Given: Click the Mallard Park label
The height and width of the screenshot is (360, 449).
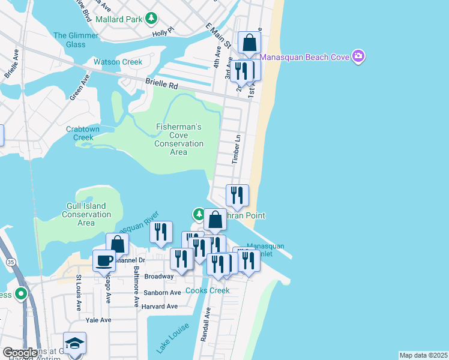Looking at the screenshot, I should [119, 19].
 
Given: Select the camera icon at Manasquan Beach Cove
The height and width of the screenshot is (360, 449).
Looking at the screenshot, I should [359, 57].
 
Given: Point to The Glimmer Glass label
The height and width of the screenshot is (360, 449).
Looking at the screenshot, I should [76, 40].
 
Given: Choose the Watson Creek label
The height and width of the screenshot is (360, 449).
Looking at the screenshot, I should [118, 62].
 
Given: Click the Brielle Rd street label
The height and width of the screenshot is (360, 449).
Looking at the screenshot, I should [162, 84].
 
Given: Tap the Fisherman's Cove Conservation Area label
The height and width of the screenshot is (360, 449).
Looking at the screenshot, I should [179, 139].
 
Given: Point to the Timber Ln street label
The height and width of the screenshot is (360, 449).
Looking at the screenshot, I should [237, 150].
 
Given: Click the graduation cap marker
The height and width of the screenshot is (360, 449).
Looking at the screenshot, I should [75, 344].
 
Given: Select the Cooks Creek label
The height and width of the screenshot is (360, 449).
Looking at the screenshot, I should [207, 290].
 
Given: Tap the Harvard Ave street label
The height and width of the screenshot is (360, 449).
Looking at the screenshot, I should [159, 307].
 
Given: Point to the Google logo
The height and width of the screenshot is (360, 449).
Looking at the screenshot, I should [20, 353].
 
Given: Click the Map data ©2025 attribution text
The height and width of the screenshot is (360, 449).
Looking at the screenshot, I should [423, 355].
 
